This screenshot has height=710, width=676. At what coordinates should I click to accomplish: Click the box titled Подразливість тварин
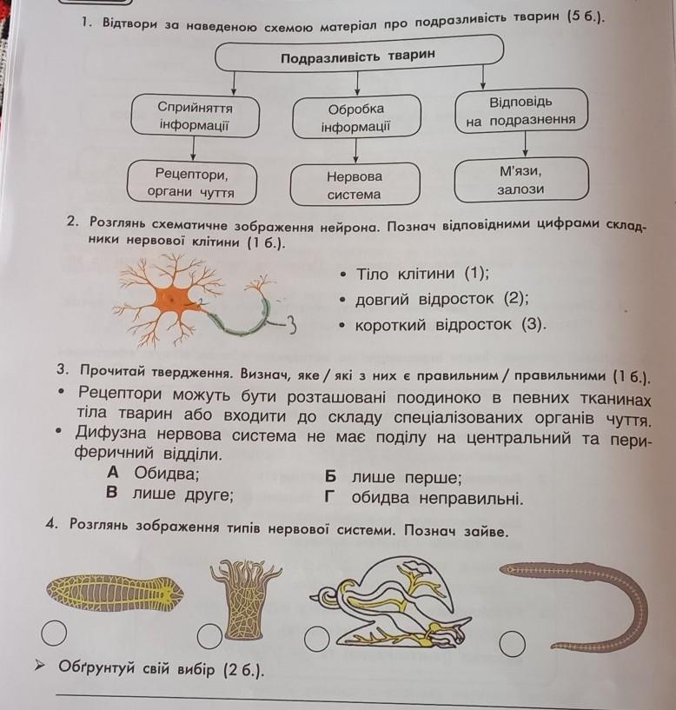tap(357, 57)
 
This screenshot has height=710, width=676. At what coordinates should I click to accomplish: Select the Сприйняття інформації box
tap(195, 116)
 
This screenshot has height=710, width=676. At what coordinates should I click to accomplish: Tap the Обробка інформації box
tap(355, 117)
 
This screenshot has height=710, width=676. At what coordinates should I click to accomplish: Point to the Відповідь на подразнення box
tap(520, 111)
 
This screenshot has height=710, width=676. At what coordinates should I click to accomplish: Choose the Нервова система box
tap(355, 184)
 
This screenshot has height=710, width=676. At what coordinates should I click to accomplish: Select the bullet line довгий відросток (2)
tap(441, 299)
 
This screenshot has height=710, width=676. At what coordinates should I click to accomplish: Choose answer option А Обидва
tap(153, 474)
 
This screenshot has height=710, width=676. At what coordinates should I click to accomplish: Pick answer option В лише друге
tap(169, 496)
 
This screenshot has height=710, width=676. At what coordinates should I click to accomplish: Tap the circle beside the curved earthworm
tap(513, 643)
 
